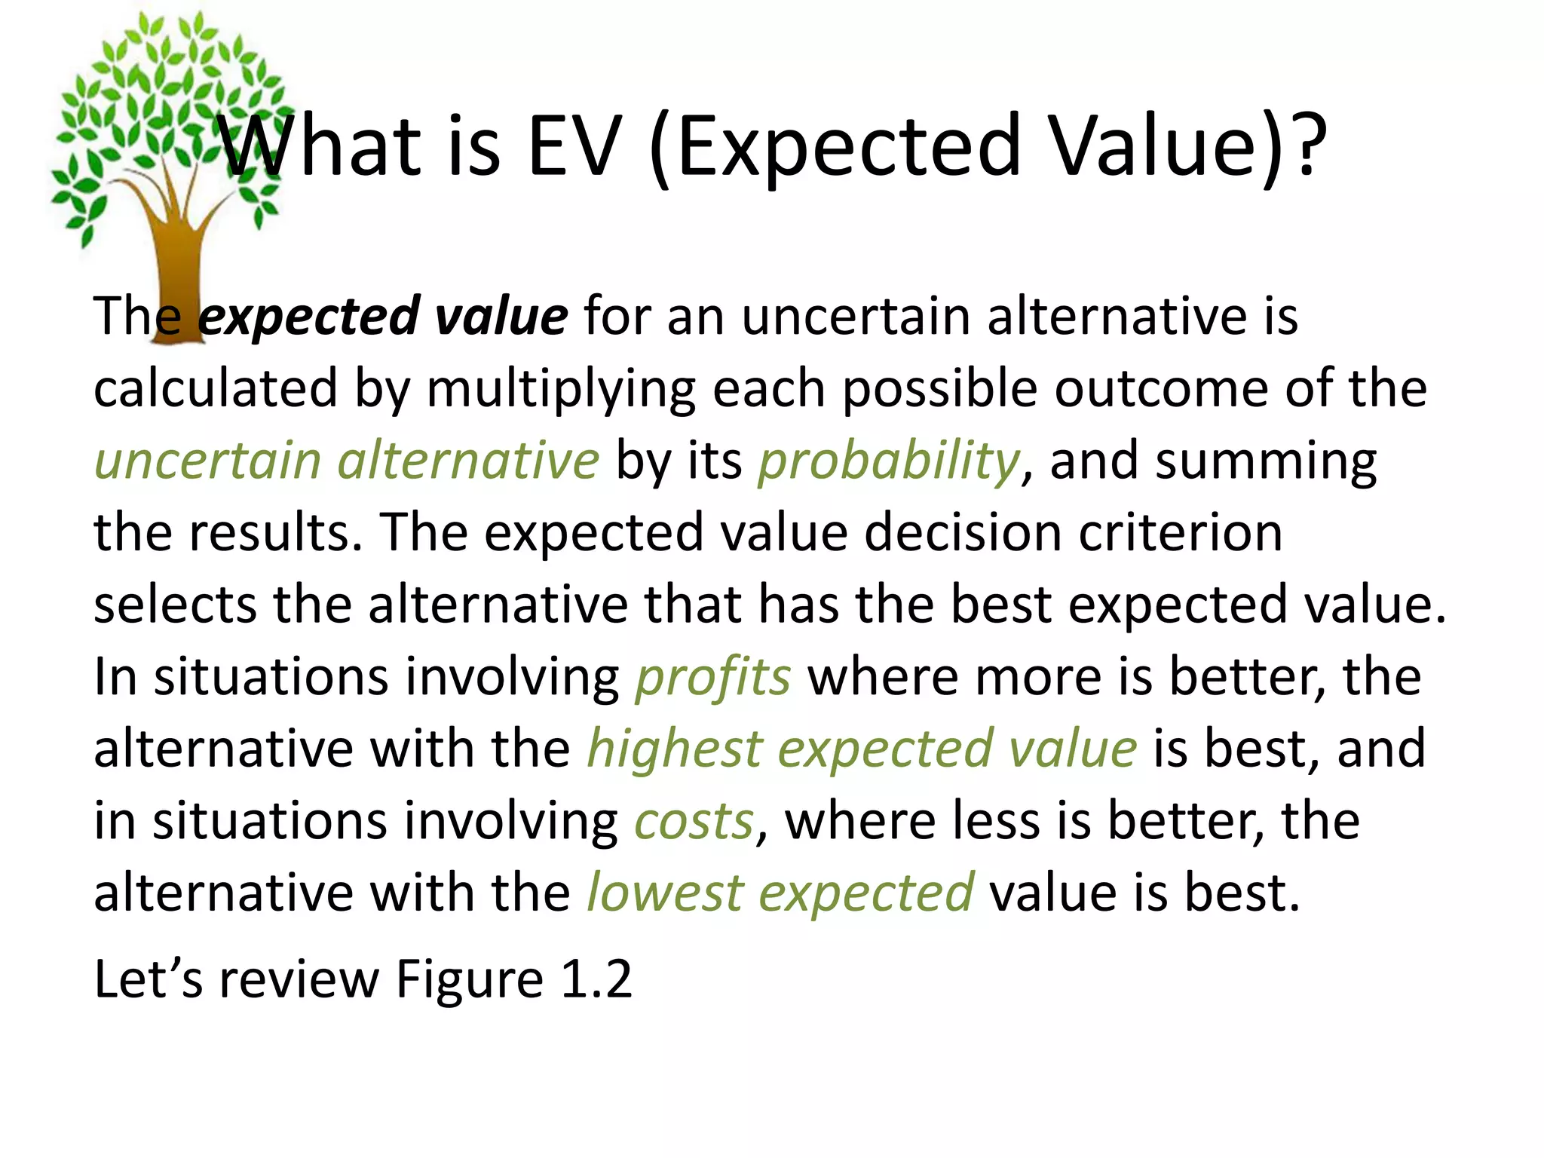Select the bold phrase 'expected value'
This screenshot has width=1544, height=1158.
[x=383, y=317]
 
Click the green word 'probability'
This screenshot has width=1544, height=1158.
[x=889, y=461]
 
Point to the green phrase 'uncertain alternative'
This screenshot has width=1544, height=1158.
[x=347, y=461]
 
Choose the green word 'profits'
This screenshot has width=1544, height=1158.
[x=713, y=677]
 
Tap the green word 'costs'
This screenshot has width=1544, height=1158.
[x=694, y=821]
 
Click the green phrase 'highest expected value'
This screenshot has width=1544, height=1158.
[x=862, y=749]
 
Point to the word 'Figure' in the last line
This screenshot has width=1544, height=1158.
[x=469, y=980]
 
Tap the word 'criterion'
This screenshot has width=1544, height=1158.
[x=1181, y=533]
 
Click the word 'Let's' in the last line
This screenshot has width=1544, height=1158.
[x=148, y=980]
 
